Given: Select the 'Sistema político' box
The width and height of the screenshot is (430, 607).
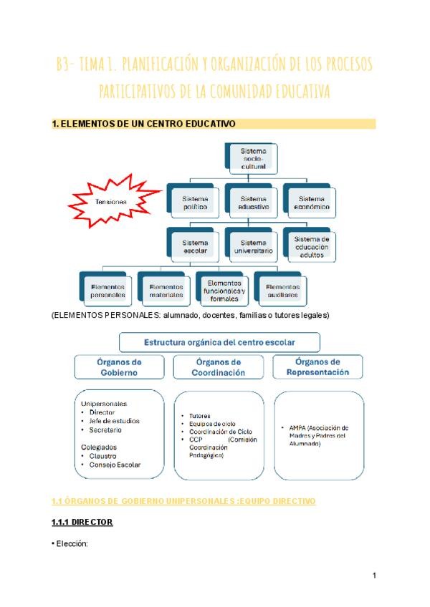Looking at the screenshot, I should pos(195,202).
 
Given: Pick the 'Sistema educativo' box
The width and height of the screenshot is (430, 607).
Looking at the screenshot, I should pos(254,202).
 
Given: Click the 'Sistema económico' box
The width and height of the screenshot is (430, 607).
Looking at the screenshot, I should pos(312,202).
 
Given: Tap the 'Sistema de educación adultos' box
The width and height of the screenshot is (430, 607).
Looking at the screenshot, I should pos(312,246).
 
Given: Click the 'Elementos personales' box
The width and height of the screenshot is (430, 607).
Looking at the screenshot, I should pos(108,290).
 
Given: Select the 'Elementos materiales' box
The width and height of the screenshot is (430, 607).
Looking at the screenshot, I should pos(166,290).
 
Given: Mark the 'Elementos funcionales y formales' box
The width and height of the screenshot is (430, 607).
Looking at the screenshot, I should pos(224,289).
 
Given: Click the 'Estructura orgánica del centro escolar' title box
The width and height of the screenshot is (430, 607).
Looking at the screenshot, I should pos(220,342).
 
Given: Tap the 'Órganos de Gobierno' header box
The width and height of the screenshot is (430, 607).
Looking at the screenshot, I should pos(120,367).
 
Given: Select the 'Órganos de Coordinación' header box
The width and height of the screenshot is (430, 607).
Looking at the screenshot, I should pos(219,367).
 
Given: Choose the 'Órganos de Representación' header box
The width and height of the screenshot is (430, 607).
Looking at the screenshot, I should pos(317,367).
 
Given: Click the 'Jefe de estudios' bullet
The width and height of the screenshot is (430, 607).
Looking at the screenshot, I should pos(115,421).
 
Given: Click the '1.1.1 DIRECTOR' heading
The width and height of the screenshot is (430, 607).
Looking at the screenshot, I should pos(82,523).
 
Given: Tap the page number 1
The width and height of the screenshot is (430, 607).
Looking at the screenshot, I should pos(375,575).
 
